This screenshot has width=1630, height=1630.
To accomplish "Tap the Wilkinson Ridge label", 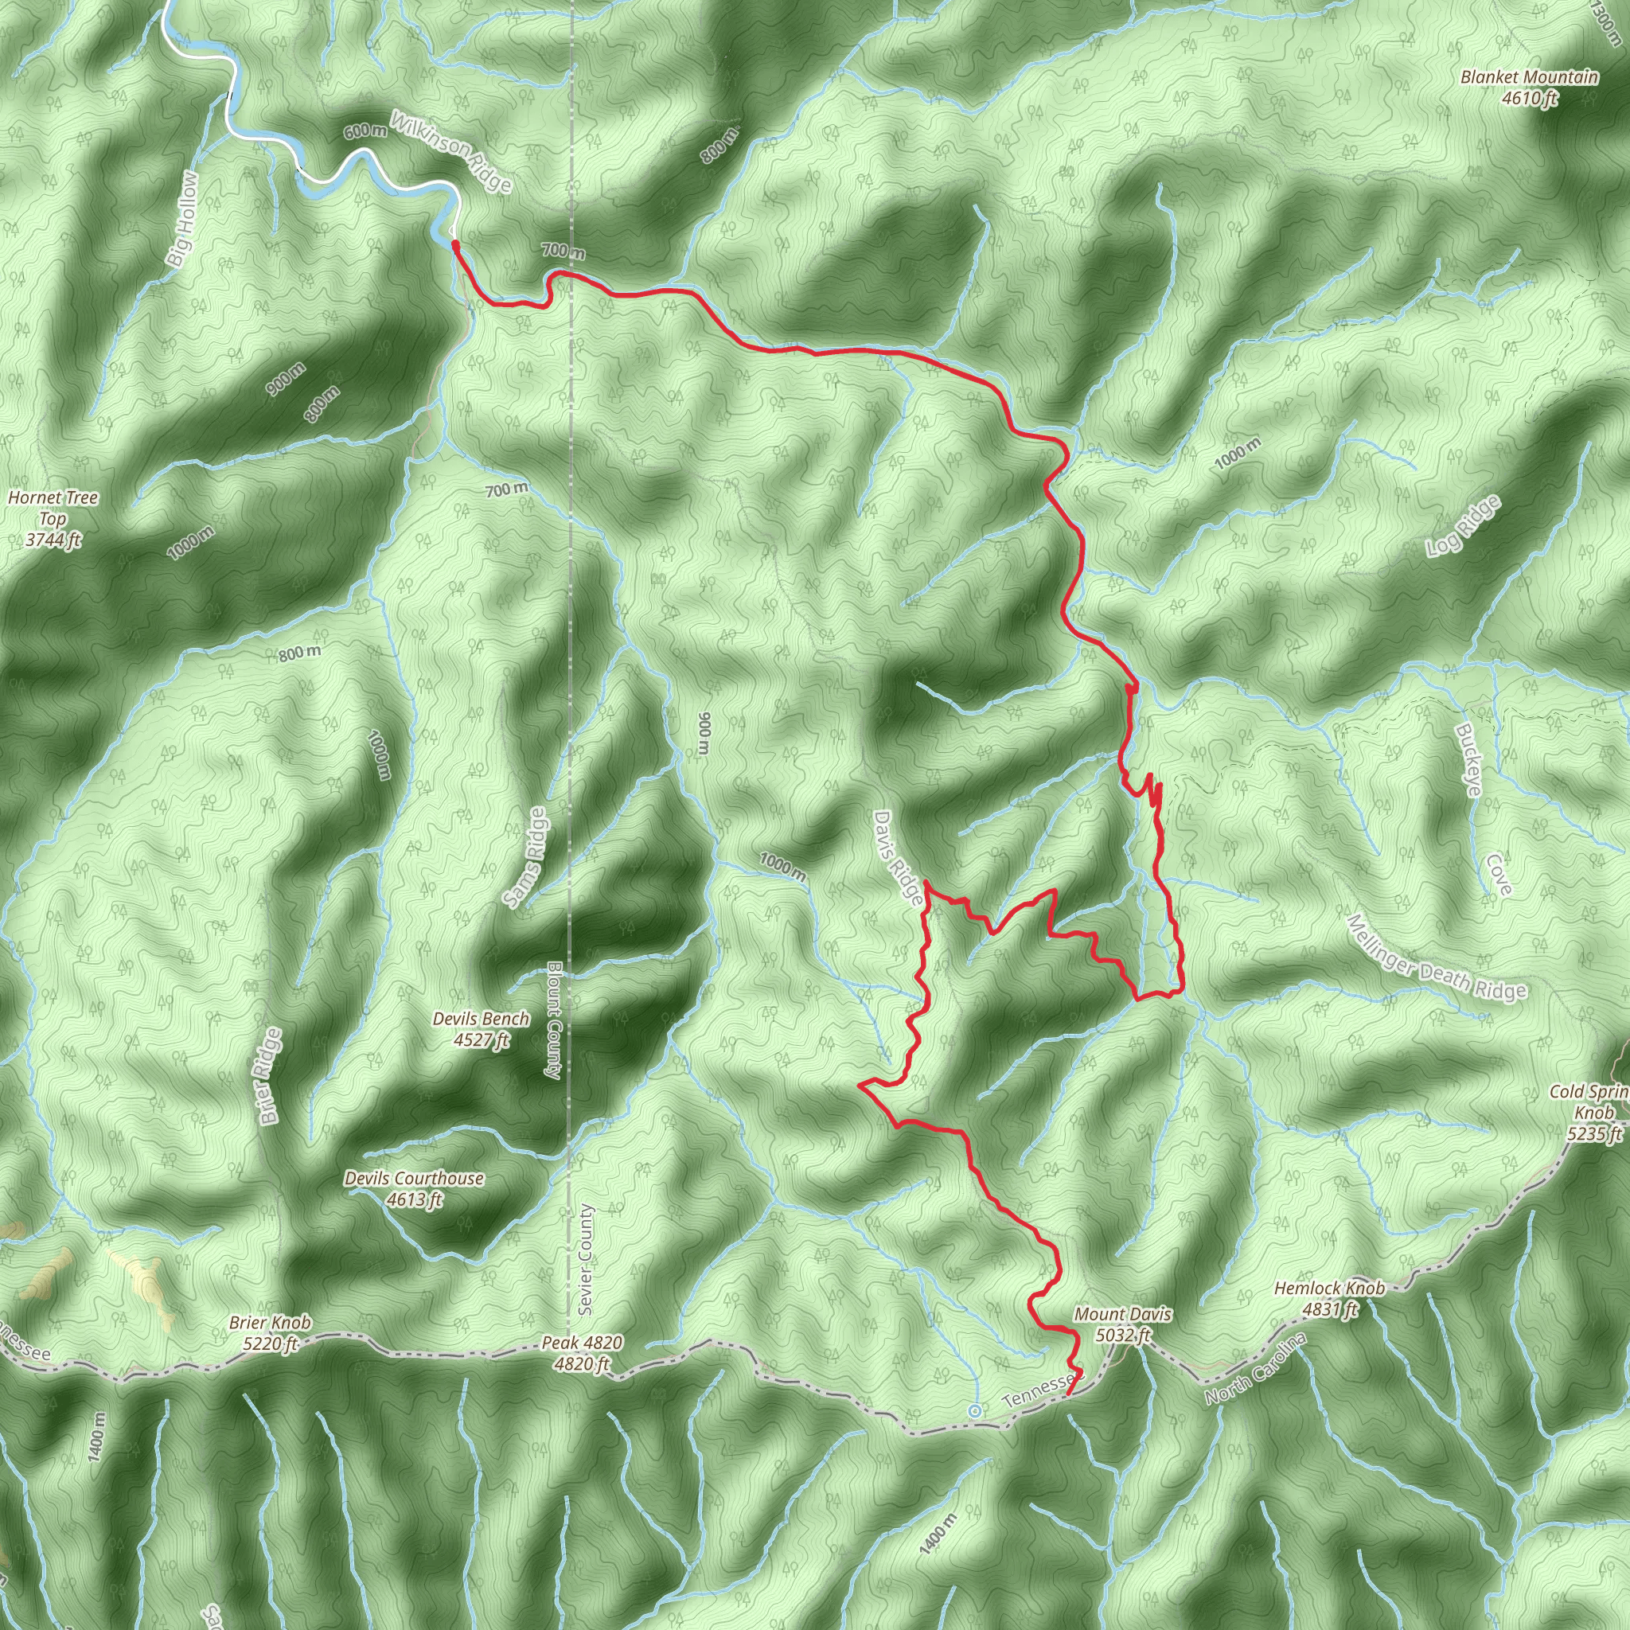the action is point(450,151).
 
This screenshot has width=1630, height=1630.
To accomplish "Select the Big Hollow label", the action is point(183,220).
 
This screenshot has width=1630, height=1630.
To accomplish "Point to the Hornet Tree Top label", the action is point(53,519).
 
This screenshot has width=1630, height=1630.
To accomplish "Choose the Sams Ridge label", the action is point(525,857).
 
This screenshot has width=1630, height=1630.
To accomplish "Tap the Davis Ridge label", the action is point(898,859).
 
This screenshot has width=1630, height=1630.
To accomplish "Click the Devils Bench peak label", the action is point(481,1029).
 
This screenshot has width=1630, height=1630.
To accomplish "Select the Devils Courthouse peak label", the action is point(414,1189).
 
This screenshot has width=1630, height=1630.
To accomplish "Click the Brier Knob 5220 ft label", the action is point(270,1333).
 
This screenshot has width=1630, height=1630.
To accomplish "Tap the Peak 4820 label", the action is point(582,1353).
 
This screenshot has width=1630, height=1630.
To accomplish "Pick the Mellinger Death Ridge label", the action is point(1436,958).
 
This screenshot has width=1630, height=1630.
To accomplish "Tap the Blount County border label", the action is point(553,1020).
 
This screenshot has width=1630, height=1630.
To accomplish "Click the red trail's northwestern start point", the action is point(455,244).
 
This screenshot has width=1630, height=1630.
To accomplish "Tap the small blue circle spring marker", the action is point(974,1410).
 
